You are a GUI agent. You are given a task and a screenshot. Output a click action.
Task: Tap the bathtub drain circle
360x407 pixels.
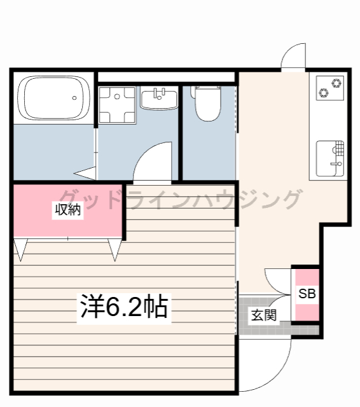pyautogui.click(x=75, y=98)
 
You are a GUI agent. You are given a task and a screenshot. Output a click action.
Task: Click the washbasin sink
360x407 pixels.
pyautogui.click(x=159, y=100)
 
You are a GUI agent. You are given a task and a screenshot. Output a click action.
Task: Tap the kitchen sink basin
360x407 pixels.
pyautogui.click(x=330, y=157)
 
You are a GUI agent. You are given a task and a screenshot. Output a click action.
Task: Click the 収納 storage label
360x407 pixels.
pyautogui.click(x=68, y=210)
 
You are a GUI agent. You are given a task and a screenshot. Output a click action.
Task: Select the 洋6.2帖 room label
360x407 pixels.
pyautogui.click(x=123, y=307)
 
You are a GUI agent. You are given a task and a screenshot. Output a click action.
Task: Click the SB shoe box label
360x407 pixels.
pyautogui.click(x=307, y=294)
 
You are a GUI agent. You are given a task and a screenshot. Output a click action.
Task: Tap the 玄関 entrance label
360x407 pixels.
pyautogui.click(x=263, y=314)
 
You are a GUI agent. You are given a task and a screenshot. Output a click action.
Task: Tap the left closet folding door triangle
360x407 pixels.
pyautogui.click(x=20, y=249)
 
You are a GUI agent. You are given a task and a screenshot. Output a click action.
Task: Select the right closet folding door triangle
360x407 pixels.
pyautogui.click(x=114, y=249)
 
